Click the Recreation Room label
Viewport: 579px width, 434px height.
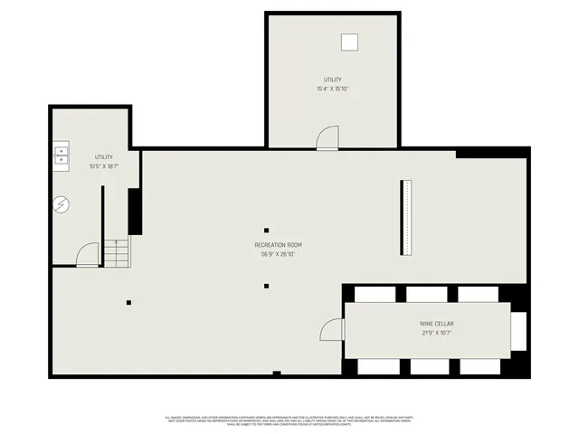pos(278,245)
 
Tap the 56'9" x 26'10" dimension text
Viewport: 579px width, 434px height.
pos(278,254)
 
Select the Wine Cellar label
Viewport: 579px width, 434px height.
pos(436,324)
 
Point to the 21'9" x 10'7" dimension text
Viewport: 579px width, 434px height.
pos(436,333)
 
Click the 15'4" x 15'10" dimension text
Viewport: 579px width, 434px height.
pos(332,89)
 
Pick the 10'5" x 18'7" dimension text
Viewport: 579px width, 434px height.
pos(104,166)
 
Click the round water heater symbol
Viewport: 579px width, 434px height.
pos(61,205)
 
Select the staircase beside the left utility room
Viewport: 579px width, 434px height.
pos(117,252)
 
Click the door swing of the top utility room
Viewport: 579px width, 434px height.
pos(327,137)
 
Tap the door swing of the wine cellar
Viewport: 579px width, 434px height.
pos(333,329)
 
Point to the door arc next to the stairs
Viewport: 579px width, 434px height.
pos(88,255)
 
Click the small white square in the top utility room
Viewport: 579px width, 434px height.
pos(349,41)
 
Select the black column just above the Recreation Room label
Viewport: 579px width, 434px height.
pos(266,230)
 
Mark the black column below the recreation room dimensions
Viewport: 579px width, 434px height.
pos(266,287)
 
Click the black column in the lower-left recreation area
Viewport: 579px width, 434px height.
pos(128,302)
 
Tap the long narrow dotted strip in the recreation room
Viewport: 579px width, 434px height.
pos(406,218)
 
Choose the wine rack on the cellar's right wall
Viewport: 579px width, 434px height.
pos(518,330)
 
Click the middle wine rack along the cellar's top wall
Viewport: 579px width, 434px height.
pos(426,294)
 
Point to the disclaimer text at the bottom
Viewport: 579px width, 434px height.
pos(289,420)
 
